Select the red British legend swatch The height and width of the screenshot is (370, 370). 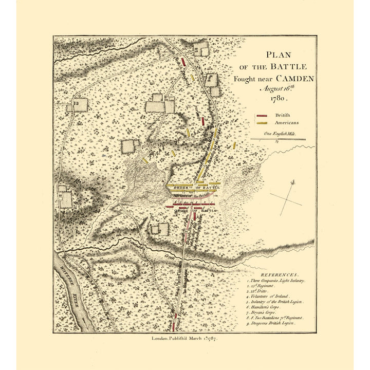click(264, 116)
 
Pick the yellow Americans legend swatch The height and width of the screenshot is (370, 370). click(264, 123)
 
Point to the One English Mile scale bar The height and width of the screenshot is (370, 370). click(277, 139)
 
